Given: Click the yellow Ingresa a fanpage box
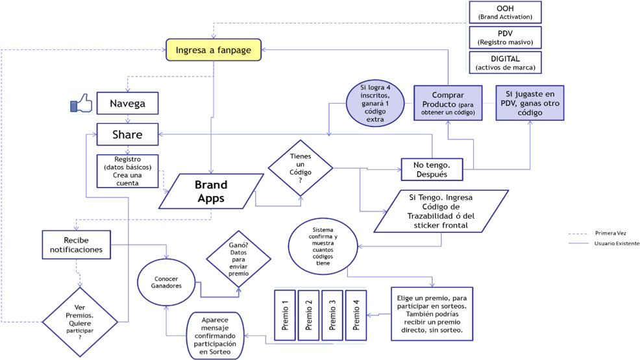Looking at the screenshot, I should click(x=214, y=50).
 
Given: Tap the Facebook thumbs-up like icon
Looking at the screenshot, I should click(x=82, y=103).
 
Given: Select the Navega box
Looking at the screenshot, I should click(x=127, y=103).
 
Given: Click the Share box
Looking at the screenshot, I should click(x=127, y=135).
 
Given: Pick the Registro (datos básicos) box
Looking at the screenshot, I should click(x=127, y=171).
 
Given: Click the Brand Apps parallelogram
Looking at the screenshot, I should click(x=211, y=191).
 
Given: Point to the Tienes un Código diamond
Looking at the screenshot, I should click(x=300, y=168).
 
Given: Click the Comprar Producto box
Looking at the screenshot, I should click(x=448, y=103).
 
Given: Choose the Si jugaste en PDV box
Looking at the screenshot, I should click(x=530, y=103).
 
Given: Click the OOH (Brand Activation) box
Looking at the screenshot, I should click(x=505, y=12).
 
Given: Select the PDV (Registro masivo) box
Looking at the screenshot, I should click(x=505, y=37).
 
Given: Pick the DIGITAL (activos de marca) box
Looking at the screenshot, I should click(x=505, y=63).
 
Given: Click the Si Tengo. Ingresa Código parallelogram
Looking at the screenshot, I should click(x=441, y=211).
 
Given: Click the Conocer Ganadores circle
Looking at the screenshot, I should click(x=167, y=282).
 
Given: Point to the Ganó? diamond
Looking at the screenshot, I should click(x=238, y=259).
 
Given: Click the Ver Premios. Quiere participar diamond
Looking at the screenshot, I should click(x=80, y=322).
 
